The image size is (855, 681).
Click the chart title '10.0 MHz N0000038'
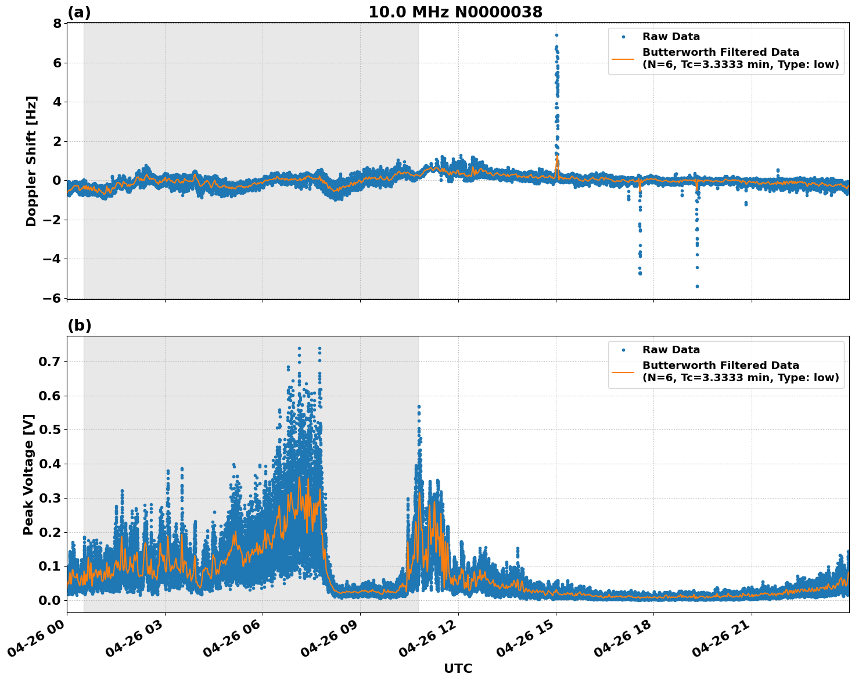coord(455,12)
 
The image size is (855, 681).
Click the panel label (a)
coord(79,12)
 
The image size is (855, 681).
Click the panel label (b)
coord(80,325)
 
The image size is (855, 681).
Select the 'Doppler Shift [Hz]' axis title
coord(31,161)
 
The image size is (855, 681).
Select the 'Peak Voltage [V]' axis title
coord(28,474)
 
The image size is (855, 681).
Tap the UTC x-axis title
coord(458,668)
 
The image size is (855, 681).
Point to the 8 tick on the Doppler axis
coord(57,23)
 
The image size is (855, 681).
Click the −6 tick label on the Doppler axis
coord(52,298)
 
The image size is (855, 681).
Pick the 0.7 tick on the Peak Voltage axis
coord(51,361)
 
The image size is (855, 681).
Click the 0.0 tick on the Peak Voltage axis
coord(51,600)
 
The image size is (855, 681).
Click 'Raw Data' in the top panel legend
coord(671,37)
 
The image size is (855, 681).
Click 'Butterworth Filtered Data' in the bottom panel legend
coord(720,365)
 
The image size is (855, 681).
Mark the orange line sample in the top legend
coord(623,59)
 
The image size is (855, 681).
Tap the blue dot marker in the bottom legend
coord(623,350)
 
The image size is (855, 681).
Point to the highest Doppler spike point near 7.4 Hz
coord(556,35)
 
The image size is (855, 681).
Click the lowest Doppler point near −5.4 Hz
coord(697,286)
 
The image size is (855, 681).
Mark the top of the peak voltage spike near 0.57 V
coord(418,407)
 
